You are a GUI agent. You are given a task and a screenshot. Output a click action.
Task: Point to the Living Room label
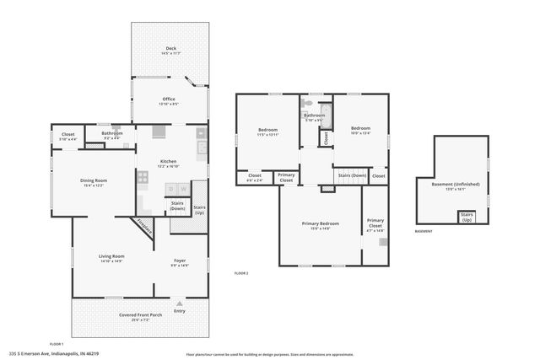pos(111,257)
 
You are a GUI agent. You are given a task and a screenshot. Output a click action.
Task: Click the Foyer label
pos(180,261)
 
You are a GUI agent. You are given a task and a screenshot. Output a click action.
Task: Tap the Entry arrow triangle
pos(179,302)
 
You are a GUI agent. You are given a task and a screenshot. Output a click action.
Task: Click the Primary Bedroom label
pos(321,224)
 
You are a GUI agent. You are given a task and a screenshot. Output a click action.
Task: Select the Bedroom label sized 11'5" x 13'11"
pos(268,131)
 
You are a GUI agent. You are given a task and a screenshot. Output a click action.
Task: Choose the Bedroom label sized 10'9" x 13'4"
pos(360,131)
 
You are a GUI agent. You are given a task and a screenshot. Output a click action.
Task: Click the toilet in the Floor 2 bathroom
pos(308,106)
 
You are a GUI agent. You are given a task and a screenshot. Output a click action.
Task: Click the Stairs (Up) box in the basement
pos(466,217)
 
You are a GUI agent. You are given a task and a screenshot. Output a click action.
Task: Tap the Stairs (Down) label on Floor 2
pos(352,175)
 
